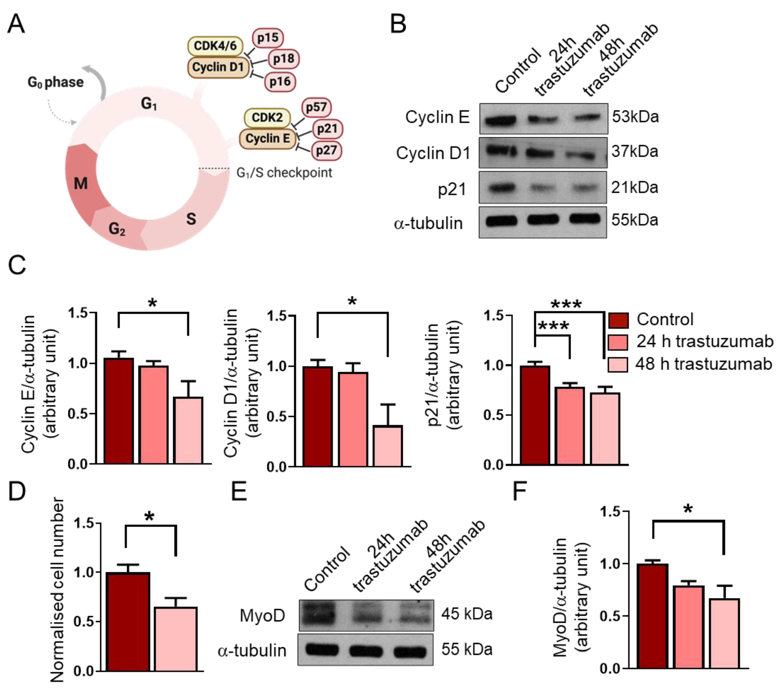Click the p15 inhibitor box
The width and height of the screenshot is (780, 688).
(268, 38)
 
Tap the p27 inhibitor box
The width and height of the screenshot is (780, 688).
(326, 150)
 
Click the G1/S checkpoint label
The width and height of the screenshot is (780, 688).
(284, 173)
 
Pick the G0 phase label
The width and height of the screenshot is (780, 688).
(56, 82)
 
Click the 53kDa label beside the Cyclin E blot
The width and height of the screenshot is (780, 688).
(635, 117)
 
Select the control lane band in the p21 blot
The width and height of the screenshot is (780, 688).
(501, 188)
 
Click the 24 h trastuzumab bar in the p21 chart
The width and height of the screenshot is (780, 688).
(569, 426)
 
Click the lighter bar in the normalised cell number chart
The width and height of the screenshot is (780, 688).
(176, 639)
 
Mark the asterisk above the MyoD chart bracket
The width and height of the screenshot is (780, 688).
(688, 509)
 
